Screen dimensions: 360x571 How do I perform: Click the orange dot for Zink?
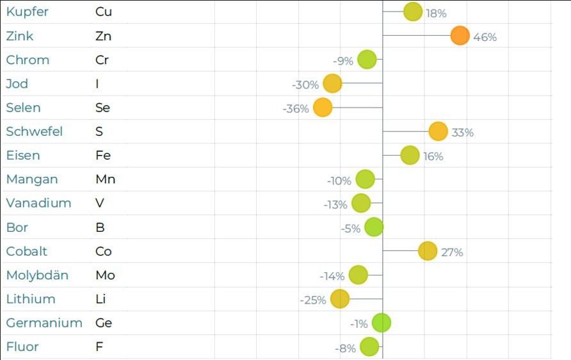pyautogui.click(x=460, y=36)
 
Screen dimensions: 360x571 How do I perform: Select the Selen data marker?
pyautogui.click(x=323, y=108)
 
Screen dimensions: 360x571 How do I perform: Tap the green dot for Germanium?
pyautogui.click(x=382, y=323)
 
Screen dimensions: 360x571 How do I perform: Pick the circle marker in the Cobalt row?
pyautogui.click(x=427, y=251)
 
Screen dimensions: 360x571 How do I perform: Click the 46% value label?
pyautogui.click(x=485, y=37)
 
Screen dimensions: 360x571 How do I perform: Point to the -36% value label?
pyautogui.click(x=296, y=109)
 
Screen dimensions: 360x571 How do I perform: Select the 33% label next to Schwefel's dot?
pyautogui.click(x=462, y=133)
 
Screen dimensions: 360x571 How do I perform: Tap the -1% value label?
pyautogui.click(x=359, y=324)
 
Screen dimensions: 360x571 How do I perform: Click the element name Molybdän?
pyautogui.click(x=37, y=275)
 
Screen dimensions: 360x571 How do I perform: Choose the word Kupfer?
pyautogui.click(x=27, y=12)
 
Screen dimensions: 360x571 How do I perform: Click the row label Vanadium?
pyautogui.click(x=38, y=203)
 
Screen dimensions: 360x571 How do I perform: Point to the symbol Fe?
pyautogui.click(x=103, y=156)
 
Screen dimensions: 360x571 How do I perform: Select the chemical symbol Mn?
pyautogui.click(x=105, y=179)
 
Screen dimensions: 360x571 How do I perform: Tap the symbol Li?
pyautogui.click(x=101, y=299)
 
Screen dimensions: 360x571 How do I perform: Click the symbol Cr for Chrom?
pyautogui.click(x=102, y=60)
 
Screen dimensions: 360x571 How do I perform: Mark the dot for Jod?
pyautogui.click(x=332, y=84)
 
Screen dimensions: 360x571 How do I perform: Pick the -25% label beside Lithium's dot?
pyautogui.click(x=313, y=300)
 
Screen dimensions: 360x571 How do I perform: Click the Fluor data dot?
pyautogui.click(x=369, y=347)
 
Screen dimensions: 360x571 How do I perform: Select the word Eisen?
pyautogui.click(x=23, y=156)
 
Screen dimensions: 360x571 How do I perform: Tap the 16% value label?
pyautogui.click(x=433, y=156)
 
